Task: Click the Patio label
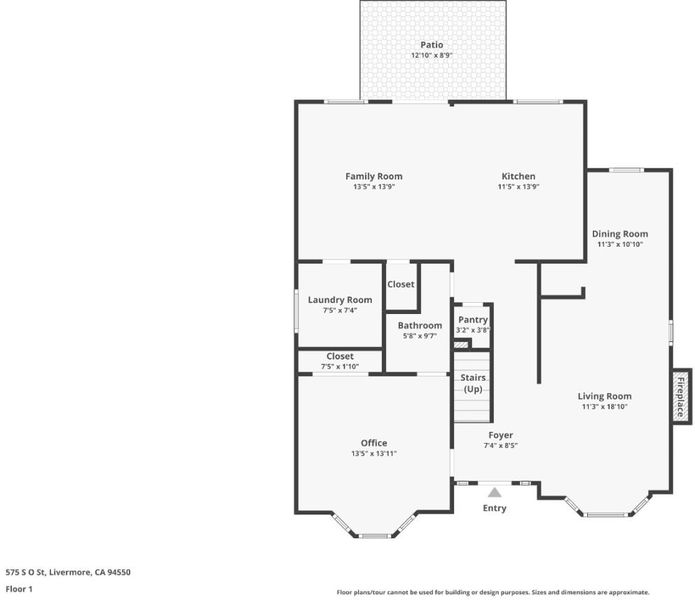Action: click(432, 45)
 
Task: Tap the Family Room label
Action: click(374, 176)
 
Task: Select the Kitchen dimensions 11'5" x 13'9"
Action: click(518, 187)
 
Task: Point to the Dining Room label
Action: click(620, 234)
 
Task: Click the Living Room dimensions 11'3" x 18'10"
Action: click(605, 406)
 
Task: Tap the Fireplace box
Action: click(681, 397)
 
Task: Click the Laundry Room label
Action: click(340, 300)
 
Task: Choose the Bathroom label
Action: click(420, 326)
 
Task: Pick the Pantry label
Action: click(473, 320)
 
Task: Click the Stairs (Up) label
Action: click(473, 383)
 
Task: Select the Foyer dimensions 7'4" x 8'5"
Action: click(501, 445)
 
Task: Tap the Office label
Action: click(374, 443)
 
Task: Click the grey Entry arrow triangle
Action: click(495, 493)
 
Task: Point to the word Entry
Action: click(495, 508)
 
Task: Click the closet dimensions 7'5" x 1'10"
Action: click(340, 366)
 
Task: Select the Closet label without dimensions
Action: click(401, 284)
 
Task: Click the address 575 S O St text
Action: click(25, 572)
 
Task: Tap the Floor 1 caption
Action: click(19, 589)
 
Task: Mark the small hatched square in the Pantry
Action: click(461, 344)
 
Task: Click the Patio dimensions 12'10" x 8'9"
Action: click(432, 55)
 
